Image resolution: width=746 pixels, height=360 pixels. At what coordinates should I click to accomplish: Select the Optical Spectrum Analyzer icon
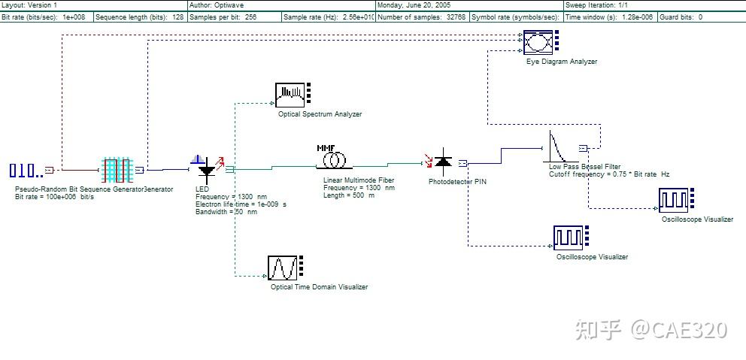click(293, 93)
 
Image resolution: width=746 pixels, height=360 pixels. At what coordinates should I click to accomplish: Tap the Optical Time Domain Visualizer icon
click(283, 268)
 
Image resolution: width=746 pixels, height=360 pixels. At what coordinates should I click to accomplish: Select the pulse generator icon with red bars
click(117, 170)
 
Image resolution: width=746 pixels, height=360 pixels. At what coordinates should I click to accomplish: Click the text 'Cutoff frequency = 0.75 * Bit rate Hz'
click(609, 174)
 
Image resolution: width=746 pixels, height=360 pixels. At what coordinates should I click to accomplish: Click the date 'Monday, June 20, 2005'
click(414, 5)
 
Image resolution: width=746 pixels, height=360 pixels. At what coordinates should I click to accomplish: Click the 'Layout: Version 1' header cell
click(30, 5)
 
